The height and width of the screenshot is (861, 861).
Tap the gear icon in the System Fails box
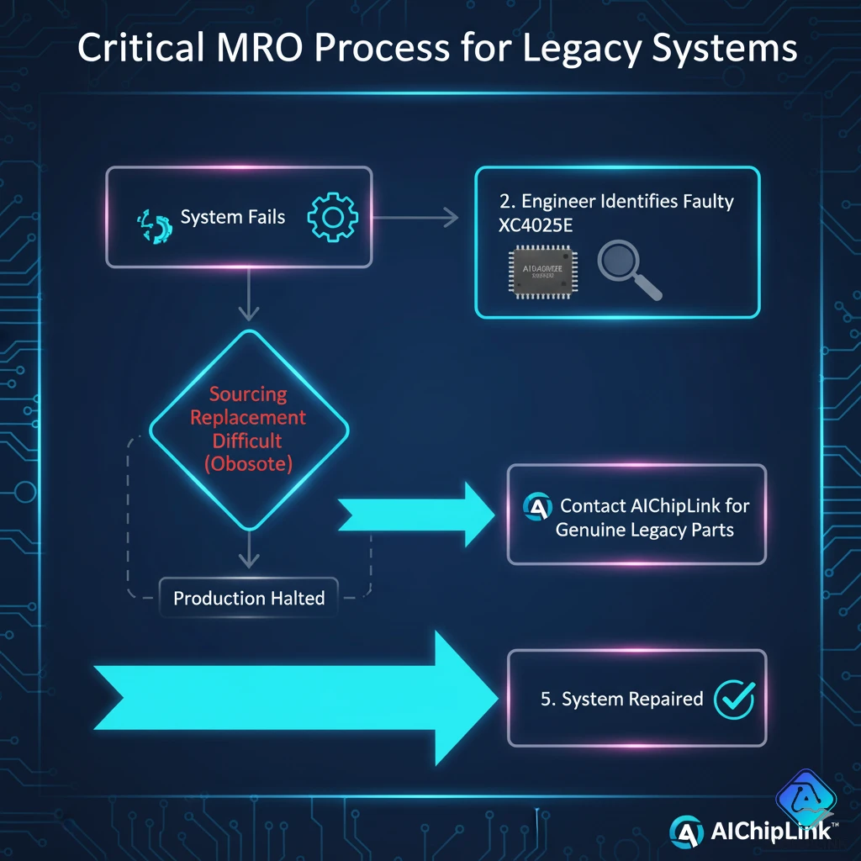coord(333,217)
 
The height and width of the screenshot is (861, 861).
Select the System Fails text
coord(233,217)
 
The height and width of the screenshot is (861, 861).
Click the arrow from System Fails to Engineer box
coord(415,218)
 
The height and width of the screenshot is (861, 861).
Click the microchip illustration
coord(542,272)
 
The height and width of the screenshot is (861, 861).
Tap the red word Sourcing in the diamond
coord(248,394)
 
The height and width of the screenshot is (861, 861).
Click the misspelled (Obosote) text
coord(248,463)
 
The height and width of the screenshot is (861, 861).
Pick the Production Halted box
coord(248,599)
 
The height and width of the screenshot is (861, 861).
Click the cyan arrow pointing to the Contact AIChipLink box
coord(417,513)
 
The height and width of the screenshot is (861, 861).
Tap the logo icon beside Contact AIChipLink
coord(536,507)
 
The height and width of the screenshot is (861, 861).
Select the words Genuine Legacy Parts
coord(645,531)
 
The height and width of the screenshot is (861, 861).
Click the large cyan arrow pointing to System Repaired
coord(294,697)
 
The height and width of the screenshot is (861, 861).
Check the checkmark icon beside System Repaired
coord(733,699)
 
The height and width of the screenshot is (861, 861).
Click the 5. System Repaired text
coord(622,700)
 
